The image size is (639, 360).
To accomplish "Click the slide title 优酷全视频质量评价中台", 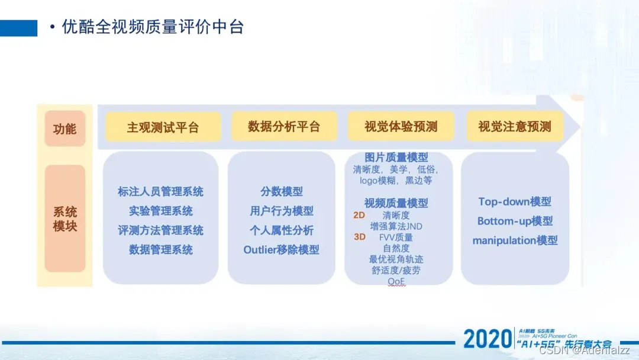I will click(153, 27).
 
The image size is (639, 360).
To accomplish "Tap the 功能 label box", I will click(65, 128).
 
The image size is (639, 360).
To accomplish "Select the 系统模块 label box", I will click(65, 218).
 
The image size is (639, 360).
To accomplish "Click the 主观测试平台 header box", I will click(163, 127).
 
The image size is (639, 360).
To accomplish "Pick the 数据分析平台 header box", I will click(284, 127).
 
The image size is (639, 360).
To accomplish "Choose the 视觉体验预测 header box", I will click(401, 127).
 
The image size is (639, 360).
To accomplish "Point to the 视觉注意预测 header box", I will click(514, 127).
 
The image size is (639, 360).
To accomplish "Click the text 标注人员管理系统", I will click(160, 192).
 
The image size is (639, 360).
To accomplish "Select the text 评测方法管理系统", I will click(160, 230).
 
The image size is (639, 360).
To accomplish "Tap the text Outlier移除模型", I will click(281, 250).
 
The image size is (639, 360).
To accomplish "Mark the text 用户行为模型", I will click(281, 211).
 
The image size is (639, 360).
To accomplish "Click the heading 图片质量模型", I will click(396, 157).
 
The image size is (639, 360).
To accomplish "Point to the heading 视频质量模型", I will click(396, 203).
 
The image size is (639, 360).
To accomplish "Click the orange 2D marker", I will click(359, 215).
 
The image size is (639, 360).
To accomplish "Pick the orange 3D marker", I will click(359, 237).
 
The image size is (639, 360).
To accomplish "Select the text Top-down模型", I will click(515, 202).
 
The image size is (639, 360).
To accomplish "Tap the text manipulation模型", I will click(515, 240).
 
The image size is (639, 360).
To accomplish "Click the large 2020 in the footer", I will click(487, 339).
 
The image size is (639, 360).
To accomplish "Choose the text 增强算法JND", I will click(396, 226).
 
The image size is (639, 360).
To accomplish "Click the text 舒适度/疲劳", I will click(396, 270).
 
